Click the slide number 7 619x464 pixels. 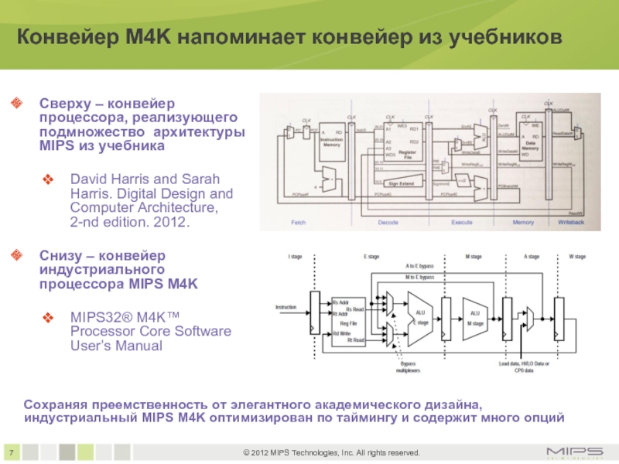click(12, 452)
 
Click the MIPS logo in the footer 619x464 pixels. click(576, 452)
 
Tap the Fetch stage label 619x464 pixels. click(299, 222)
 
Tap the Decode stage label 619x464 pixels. click(388, 222)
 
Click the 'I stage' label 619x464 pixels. click(295, 256)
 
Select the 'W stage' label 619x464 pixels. click(576, 256)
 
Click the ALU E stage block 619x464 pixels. click(419, 318)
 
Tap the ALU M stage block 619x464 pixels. click(474, 318)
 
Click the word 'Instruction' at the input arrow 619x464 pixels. click(287, 308)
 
